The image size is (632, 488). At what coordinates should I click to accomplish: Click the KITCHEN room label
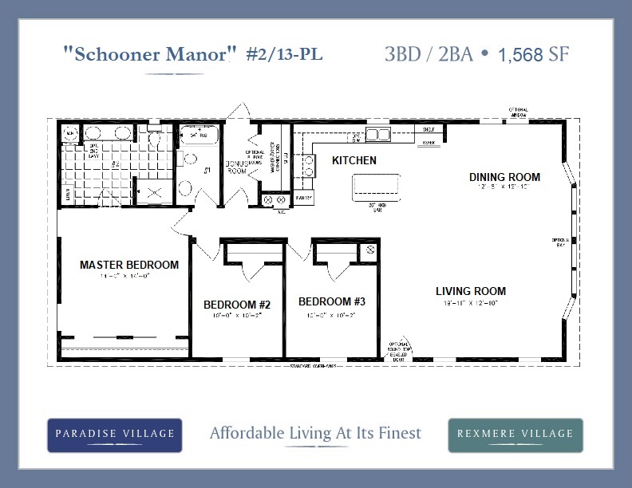354,161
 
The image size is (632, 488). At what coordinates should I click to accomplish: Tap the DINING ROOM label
504,177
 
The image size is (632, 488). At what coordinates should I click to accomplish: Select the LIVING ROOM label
471,291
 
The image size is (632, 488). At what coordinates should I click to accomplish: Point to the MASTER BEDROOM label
129,265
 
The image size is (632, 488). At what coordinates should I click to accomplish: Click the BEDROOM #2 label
237,305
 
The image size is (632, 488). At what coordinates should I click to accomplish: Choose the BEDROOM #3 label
332,301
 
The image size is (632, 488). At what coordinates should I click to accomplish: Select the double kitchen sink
377,134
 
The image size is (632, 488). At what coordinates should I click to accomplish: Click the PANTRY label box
304,196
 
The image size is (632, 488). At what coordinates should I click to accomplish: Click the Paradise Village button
115,435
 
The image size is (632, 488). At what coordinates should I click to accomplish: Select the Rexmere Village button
515,435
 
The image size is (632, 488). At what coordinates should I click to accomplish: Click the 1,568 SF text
534,55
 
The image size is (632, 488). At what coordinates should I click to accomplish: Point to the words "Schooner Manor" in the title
150,54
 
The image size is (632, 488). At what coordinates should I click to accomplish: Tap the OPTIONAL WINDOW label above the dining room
519,111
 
